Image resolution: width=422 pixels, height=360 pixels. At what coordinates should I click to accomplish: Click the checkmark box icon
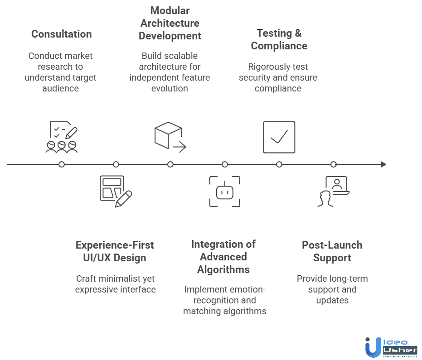pyautogui.click(x=279, y=138)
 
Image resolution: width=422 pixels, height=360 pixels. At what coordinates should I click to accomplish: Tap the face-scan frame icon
pyautogui.click(x=225, y=192)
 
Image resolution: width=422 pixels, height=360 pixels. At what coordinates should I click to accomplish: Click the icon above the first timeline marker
pyautogui.click(x=62, y=137)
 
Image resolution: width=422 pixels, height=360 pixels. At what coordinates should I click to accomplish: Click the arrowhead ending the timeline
pyautogui.click(x=385, y=165)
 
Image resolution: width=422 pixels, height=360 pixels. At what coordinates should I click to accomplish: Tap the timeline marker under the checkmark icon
pyautogui.click(x=279, y=165)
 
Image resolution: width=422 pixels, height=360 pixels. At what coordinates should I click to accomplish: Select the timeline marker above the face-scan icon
pyautogui.click(x=225, y=165)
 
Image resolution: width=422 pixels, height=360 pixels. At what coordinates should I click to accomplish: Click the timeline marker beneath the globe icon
pyautogui.click(x=170, y=165)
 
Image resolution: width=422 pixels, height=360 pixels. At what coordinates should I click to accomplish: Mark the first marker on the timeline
pyautogui.click(x=62, y=165)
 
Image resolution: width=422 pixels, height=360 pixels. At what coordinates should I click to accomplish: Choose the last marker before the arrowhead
pyautogui.click(x=334, y=165)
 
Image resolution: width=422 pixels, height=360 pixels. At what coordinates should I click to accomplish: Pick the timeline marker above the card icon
pyautogui.click(x=116, y=165)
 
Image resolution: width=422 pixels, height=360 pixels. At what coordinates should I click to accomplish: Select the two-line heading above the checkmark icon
pyautogui.click(x=279, y=40)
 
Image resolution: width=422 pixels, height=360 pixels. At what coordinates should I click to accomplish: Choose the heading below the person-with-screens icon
pyautogui.click(x=332, y=252)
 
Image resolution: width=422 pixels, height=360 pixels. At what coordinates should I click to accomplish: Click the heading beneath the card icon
pyautogui.click(x=116, y=252)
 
